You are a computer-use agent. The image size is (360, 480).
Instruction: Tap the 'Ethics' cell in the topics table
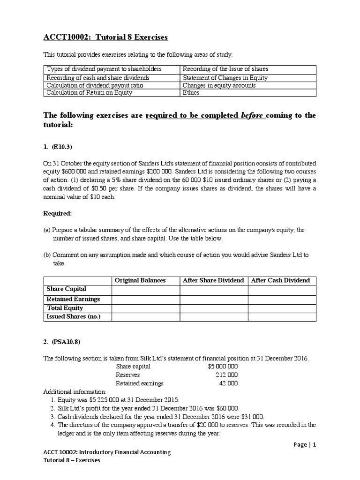pos(191,92)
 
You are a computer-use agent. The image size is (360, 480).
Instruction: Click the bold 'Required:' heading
pos(58,213)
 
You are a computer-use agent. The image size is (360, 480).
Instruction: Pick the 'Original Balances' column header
pos(140,280)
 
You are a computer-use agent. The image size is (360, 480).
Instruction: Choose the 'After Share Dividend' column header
pos(213,280)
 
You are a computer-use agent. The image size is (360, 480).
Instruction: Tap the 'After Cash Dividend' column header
pos(281,280)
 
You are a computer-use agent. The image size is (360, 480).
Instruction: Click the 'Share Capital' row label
pos(66,289)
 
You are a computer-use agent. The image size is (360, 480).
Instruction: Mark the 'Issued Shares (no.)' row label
pos(73,317)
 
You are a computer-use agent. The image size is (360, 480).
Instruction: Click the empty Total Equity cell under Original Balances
pos(146,308)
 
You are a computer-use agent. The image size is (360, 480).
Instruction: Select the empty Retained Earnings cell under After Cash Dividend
pos(282,299)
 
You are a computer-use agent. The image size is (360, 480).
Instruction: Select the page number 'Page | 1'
pos(301,445)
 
